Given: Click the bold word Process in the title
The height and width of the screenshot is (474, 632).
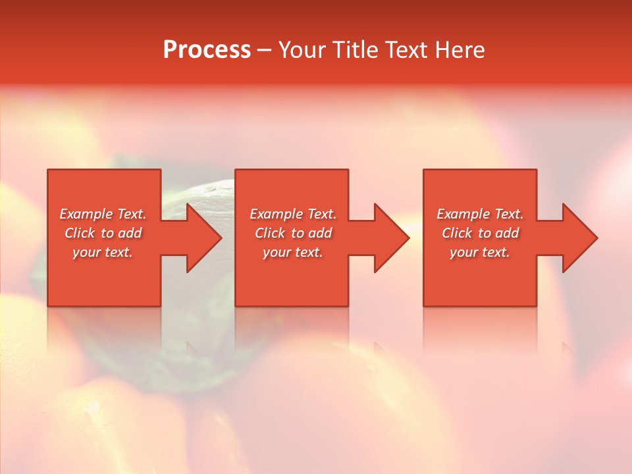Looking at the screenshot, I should pos(207,50).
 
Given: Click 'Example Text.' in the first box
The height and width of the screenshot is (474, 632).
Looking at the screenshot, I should pos(103,214).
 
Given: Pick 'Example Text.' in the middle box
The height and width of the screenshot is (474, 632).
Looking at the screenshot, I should pos(293,214).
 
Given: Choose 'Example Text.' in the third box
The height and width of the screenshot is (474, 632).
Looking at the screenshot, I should pos(480,214).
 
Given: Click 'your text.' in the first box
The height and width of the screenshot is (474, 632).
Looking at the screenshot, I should pos(103,252).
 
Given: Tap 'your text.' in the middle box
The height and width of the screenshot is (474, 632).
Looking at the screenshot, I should pos(293,252).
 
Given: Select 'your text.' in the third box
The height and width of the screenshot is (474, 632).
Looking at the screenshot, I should pos(480,252).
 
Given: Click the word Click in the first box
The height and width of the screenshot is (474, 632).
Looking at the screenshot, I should pos(80,233).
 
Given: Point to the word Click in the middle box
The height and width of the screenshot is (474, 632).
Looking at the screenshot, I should pos(270,233).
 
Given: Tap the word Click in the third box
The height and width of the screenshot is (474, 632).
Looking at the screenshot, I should pos(457,233).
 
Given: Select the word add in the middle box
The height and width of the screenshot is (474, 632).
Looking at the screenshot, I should pos(320,233).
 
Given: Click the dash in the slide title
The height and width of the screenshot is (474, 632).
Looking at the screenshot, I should pos(264,50).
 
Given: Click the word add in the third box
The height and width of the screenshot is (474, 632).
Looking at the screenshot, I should pos(507,233).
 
